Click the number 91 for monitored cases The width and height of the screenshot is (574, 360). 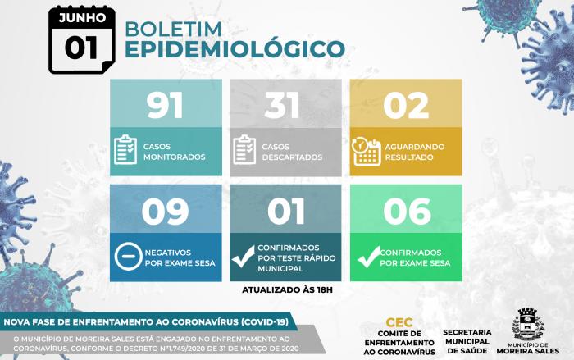pos(165,105)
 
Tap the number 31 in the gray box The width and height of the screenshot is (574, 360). pos(282,105)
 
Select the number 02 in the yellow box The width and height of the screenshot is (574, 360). pos(406,106)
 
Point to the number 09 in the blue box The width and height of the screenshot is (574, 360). pos(165,212)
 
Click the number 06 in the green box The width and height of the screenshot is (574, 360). pos(407,212)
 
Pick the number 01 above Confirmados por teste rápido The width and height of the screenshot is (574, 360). pos(286,212)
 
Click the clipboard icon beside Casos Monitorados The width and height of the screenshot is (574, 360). pos(125,150)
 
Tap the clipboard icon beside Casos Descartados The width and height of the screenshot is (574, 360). pos(244,150)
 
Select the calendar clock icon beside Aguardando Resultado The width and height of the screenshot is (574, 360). pos(366,151)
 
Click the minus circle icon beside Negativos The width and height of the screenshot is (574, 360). pos(128,257)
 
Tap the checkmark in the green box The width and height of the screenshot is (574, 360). pos(369,257)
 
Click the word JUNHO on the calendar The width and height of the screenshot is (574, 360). pos(82,17)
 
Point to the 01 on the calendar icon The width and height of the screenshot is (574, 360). pos(81,48)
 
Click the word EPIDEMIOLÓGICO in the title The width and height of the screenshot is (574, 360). pos(235,49)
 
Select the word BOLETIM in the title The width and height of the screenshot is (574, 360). pos(174,29)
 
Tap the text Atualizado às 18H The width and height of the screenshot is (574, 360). pos(287,290)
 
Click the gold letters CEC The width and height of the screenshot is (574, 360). pos(399,322)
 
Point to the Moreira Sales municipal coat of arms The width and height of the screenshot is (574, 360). pos(527,325)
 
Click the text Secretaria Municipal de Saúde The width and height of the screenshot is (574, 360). pos(467,341)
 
